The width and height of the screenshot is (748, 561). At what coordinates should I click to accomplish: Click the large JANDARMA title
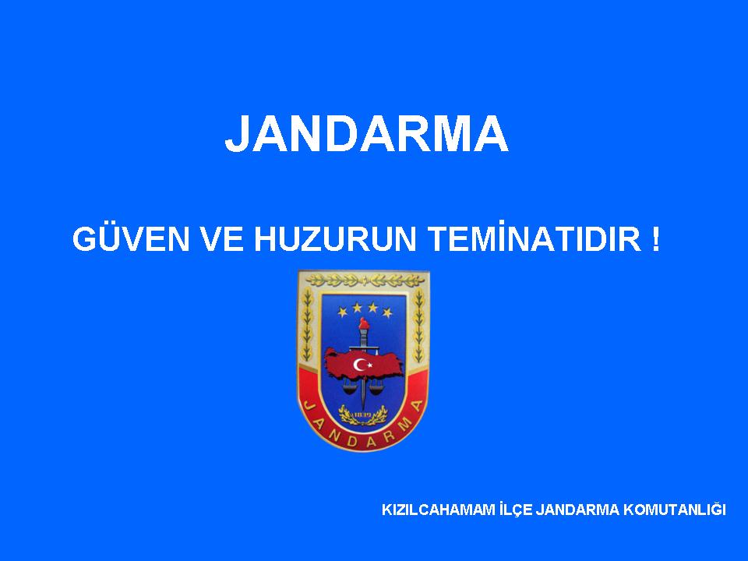point(366,133)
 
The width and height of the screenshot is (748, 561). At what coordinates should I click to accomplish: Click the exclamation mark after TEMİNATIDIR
point(655,239)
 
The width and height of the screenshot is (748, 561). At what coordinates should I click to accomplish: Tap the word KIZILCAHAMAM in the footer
point(439,510)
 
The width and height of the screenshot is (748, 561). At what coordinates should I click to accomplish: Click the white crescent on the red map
point(358,365)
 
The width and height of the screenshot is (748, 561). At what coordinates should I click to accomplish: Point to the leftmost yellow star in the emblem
point(343,312)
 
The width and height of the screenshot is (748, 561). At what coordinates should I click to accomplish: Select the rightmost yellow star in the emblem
point(387,313)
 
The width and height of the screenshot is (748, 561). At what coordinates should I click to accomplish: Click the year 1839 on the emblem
point(362,415)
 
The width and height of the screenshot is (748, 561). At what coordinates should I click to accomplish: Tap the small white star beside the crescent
point(369,366)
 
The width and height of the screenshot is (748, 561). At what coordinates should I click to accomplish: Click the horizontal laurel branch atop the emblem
point(364,280)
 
